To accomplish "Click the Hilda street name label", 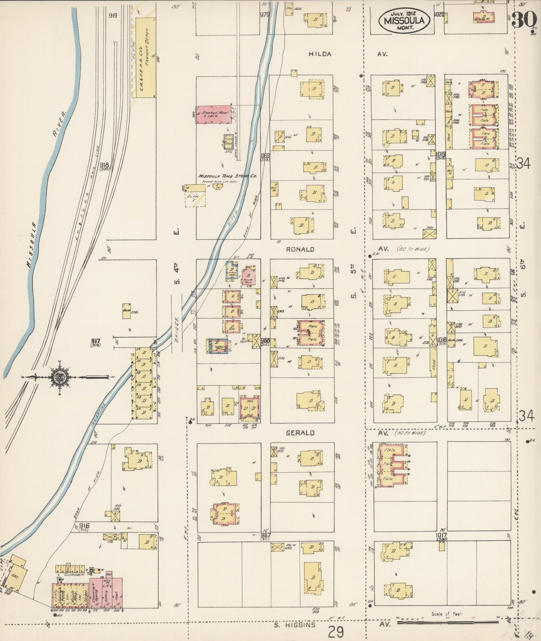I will click(x=320, y=54).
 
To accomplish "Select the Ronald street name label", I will click(x=300, y=249).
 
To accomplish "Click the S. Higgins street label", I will click(x=294, y=624).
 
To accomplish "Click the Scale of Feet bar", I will click(x=447, y=622).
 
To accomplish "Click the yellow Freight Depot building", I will click(x=145, y=58).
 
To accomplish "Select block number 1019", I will click(x=440, y=154).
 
